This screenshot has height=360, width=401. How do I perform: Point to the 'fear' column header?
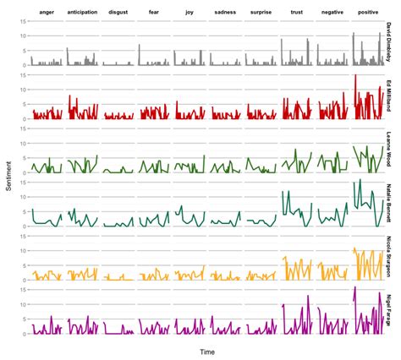[153, 13]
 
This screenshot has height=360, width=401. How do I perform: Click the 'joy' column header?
[189, 13]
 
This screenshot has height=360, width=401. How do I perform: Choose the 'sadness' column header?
[224, 13]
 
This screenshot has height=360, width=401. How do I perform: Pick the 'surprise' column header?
[261, 13]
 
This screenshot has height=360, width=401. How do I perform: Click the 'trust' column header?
[296, 13]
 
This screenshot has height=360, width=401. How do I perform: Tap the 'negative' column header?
[332, 13]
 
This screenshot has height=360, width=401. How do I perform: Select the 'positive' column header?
[368, 13]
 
